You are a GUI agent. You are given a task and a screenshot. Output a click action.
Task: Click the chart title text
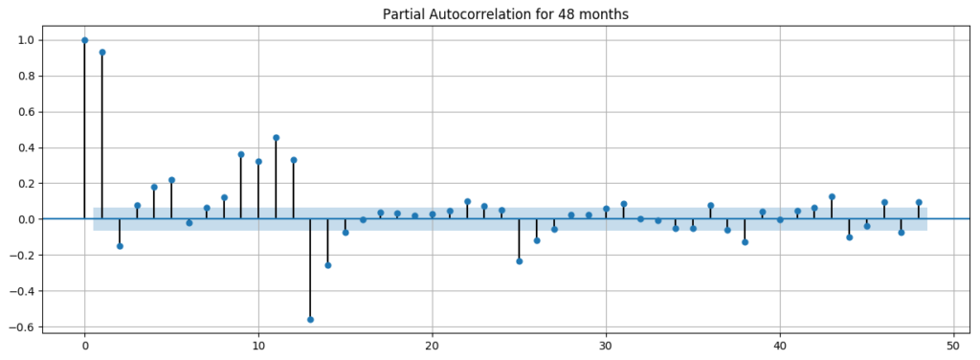tap(505, 14)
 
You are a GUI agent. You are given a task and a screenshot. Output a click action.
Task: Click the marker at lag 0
tap(85, 40)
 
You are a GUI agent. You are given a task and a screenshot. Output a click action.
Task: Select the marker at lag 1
tap(102, 53)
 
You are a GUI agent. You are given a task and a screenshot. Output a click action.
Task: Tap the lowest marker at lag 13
tap(310, 320)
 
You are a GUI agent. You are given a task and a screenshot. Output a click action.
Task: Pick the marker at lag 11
tap(276, 138)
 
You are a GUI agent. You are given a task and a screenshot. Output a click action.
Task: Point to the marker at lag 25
tap(519, 261)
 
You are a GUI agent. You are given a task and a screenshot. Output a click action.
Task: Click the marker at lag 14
tap(327, 265)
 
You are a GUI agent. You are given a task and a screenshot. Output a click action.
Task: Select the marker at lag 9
tap(241, 154)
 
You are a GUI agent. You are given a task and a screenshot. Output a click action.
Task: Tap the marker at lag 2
tap(120, 246)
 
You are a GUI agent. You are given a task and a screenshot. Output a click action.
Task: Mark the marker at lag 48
tap(919, 202)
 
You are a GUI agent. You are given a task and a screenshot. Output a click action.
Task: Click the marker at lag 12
tap(293, 160)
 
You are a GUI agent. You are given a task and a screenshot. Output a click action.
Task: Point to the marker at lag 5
tap(171, 180)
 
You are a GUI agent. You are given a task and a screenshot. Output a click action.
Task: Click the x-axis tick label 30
tap(606, 346)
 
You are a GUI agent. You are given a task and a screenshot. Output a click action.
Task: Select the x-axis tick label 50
tap(953, 346)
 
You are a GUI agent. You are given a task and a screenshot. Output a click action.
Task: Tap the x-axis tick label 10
tap(258, 346)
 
